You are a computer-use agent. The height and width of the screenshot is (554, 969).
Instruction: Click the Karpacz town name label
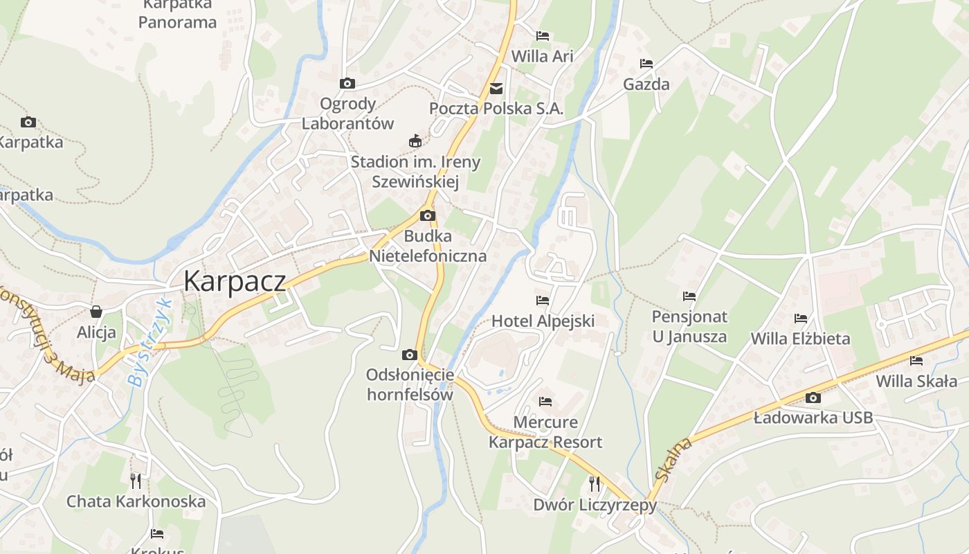click(x=235, y=281)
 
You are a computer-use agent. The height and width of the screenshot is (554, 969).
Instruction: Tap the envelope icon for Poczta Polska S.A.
click(x=496, y=89)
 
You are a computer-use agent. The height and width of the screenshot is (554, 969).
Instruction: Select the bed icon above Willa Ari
click(x=543, y=35)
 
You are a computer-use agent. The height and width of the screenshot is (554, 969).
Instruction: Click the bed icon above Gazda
click(x=646, y=64)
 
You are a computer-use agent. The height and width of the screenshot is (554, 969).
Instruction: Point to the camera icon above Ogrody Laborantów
click(x=347, y=84)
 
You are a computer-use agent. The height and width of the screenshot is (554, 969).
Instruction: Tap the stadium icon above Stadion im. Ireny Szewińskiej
click(x=415, y=141)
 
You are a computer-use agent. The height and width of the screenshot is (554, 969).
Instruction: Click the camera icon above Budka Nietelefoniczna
click(x=428, y=215)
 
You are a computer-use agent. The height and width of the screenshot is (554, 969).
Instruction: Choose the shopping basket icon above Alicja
click(x=96, y=312)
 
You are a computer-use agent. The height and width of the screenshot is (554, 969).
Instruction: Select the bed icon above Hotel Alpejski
click(x=543, y=301)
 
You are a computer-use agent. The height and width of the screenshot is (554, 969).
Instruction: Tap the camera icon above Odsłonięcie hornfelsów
click(x=410, y=355)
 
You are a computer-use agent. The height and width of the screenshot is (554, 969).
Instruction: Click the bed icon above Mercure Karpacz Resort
click(x=545, y=402)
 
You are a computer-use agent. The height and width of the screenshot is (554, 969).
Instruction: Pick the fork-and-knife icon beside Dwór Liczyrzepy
click(x=595, y=483)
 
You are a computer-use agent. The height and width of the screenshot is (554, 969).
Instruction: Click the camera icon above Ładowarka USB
click(x=813, y=397)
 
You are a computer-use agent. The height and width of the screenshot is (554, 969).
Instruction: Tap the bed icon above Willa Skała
click(x=916, y=361)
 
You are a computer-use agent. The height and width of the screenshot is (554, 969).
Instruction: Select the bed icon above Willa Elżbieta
click(x=801, y=319)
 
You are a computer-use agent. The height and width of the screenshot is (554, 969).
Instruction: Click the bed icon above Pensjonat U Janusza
click(x=689, y=296)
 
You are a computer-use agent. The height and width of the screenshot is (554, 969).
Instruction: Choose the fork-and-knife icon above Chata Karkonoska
click(x=136, y=480)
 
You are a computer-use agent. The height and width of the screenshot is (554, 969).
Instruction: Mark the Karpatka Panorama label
click(x=177, y=14)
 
